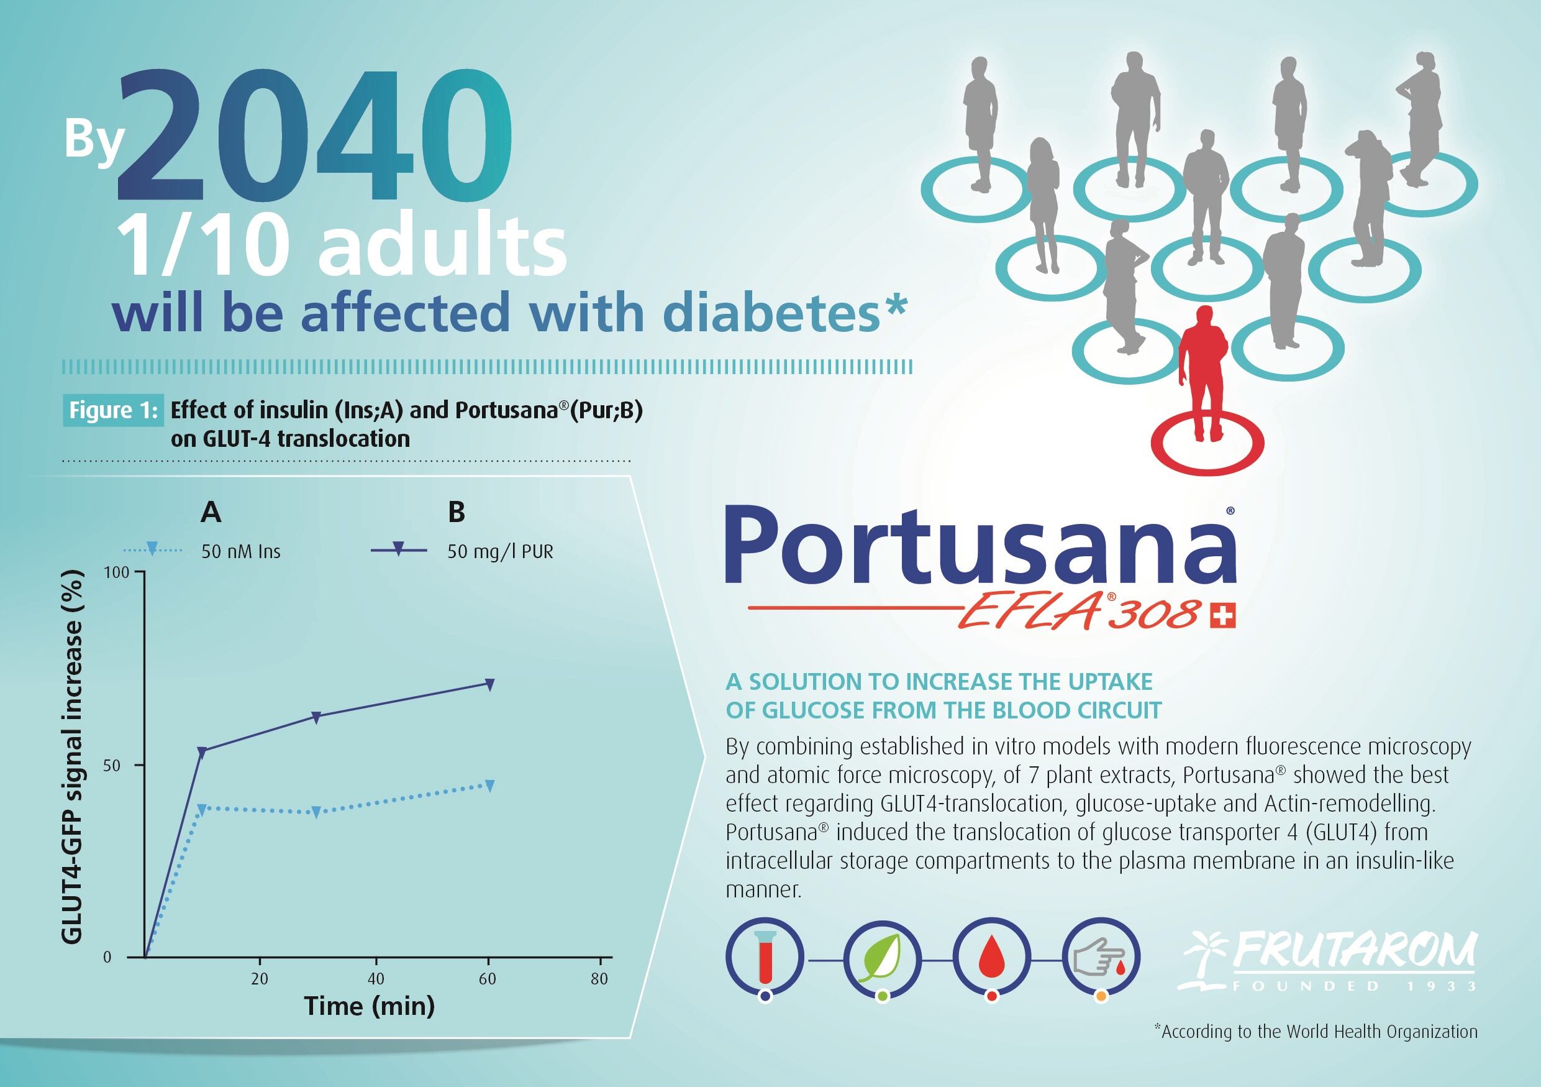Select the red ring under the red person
(1207, 444)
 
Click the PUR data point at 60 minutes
(490, 685)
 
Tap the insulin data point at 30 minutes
(316, 812)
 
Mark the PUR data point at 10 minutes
(201, 752)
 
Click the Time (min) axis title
(369, 1006)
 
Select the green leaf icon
(882, 956)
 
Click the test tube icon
(765, 956)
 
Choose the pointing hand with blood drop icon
(1101, 956)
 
